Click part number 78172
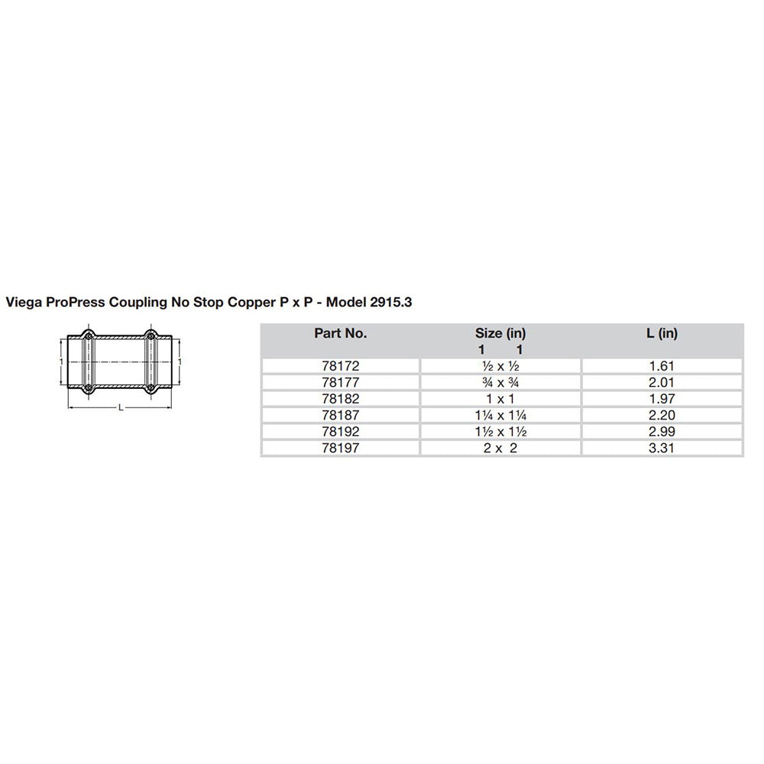340,366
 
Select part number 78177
340,383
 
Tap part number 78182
340,399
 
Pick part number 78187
340,416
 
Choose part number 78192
340,432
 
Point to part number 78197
340,448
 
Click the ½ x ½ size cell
500,366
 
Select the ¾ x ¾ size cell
500,383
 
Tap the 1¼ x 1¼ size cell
500,416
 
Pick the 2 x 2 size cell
500,448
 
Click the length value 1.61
662,366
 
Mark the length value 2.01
662,383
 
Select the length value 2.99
662,432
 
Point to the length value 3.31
662,448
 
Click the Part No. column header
340,333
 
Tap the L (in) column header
662,333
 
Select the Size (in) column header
500,333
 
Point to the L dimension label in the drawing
121,408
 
